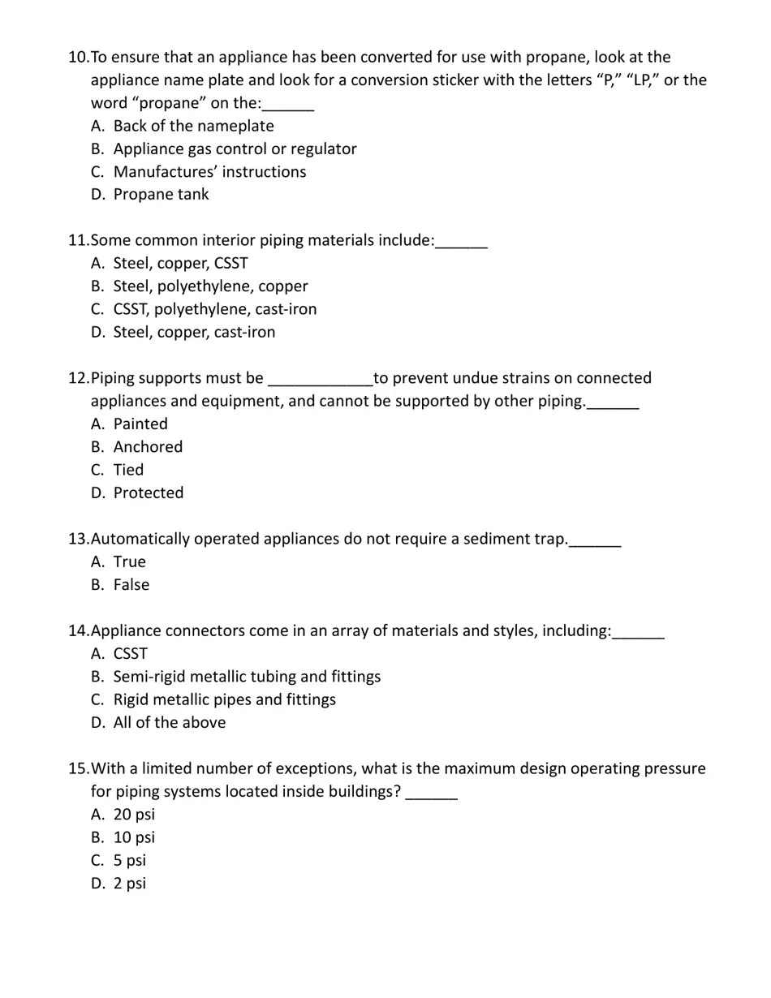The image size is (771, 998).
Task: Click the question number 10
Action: click(x=78, y=58)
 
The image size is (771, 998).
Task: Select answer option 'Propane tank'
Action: click(x=161, y=195)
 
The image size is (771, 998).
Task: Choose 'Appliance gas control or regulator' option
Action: click(x=235, y=149)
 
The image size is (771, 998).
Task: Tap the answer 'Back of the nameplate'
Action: click(x=193, y=127)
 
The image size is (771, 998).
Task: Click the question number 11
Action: click(x=78, y=241)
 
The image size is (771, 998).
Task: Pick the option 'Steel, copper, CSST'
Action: click(x=180, y=264)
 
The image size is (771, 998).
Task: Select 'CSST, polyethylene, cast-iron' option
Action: click(x=215, y=309)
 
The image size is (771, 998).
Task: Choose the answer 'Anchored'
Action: click(x=148, y=447)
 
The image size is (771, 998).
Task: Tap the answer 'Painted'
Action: click(x=140, y=424)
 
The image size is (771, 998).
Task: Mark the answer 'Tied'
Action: click(x=128, y=471)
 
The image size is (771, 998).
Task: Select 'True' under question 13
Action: click(x=129, y=562)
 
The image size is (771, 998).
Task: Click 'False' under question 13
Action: click(x=131, y=585)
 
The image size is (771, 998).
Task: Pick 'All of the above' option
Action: click(x=170, y=723)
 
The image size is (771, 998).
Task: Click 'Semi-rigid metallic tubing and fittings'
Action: click(x=247, y=677)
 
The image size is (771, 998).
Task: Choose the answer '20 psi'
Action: click(x=134, y=815)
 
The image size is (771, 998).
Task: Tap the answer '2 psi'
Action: click(x=130, y=884)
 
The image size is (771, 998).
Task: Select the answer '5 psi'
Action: click(x=130, y=861)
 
